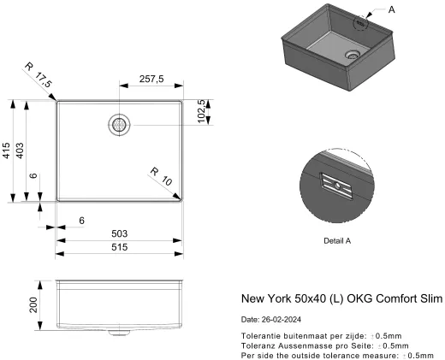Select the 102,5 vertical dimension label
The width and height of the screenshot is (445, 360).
point(203,112)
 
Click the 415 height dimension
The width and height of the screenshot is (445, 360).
point(6,151)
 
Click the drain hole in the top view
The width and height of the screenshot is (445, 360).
point(119,123)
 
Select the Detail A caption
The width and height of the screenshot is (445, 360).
point(338,240)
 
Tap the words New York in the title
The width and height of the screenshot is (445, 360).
point(268,299)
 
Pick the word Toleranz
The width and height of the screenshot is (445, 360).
point(259,345)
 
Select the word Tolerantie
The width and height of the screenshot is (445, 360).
point(261,336)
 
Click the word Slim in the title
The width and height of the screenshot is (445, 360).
point(430,299)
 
